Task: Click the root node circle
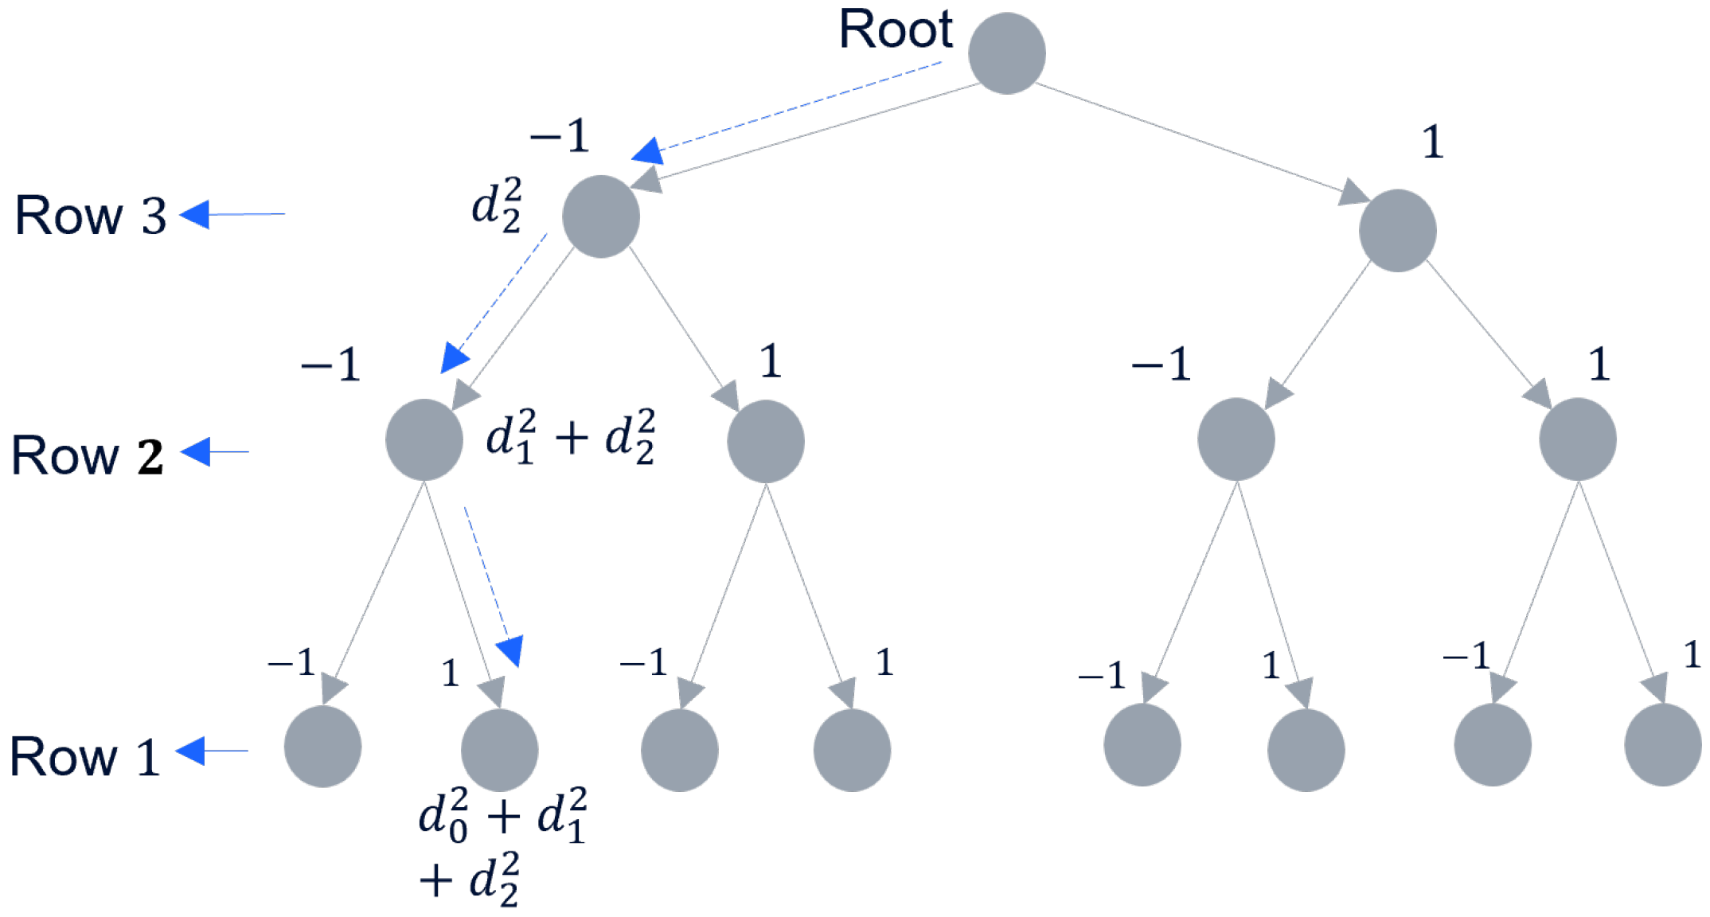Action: [1006, 53]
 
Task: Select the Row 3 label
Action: [91, 215]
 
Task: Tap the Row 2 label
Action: [88, 456]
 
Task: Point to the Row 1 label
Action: [84, 756]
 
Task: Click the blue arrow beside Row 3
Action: [232, 214]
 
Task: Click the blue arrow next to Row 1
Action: [211, 751]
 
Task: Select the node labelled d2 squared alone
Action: [600, 217]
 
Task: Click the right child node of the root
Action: [1397, 231]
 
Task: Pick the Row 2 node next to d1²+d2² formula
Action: [424, 440]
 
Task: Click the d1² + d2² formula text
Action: [570, 437]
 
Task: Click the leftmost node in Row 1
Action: [322, 747]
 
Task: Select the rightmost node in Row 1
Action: [1662, 745]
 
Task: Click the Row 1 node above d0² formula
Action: [499, 750]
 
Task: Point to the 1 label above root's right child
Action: [1432, 143]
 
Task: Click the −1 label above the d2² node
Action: [560, 136]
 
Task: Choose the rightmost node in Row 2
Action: [1577, 439]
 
